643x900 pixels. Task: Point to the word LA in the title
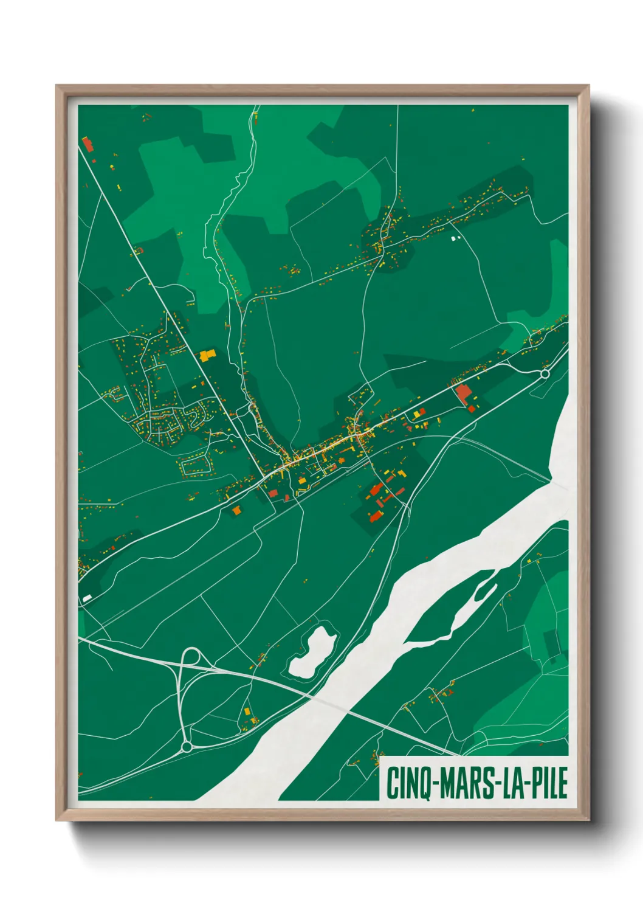(512, 783)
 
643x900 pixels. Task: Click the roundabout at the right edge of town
(545, 374)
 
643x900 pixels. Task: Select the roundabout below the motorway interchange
(187, 746)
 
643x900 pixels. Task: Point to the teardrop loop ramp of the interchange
(192, 657)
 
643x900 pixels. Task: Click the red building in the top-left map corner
(88, 145)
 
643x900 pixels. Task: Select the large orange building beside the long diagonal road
(207, 355)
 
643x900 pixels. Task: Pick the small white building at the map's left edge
(87, 598)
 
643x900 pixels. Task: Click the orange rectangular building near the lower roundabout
(247, 711)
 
